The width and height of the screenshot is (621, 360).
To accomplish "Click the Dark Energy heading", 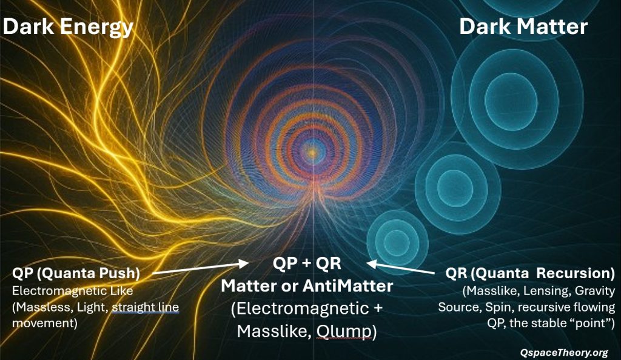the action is point(68,27).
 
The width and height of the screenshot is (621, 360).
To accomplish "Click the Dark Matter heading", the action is point(523,27).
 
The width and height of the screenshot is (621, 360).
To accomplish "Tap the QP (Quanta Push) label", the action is point(76,273).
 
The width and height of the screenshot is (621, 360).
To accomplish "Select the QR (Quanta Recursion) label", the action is point(530,273).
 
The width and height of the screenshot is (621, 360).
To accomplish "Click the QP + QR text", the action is point(307,263).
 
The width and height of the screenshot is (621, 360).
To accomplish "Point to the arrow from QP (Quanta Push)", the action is point(200,268).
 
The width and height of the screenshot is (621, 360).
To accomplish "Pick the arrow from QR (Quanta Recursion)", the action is point(400,268).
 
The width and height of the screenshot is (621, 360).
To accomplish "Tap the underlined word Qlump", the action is point(344,332).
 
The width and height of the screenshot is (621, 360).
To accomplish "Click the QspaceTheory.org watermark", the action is point(564,353).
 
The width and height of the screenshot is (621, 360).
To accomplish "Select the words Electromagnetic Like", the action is point(73,291).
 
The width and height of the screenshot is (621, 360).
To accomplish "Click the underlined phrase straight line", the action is point(146,307).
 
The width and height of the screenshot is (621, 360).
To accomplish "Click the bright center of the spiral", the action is point(312,152).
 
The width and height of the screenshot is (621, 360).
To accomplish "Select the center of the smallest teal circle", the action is point(397,242).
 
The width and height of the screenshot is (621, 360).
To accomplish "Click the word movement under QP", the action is point(45,323).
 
